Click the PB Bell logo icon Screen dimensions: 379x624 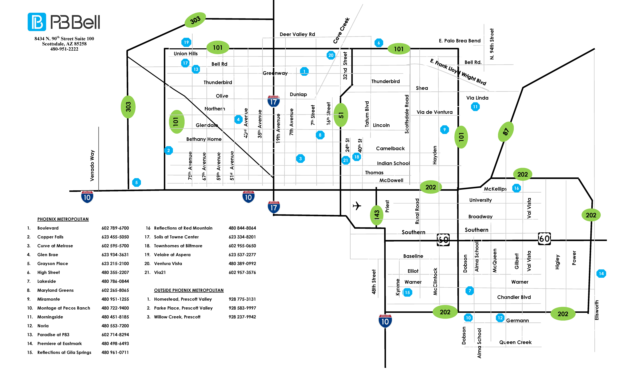37,22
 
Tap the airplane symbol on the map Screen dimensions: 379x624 357,206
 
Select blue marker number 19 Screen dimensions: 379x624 186,42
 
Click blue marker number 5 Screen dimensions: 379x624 136,182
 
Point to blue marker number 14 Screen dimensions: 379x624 601,274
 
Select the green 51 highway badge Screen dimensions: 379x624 341,115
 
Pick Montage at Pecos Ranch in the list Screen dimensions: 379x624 64,308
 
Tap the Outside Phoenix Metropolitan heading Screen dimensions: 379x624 189,290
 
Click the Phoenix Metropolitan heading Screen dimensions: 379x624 63,219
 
